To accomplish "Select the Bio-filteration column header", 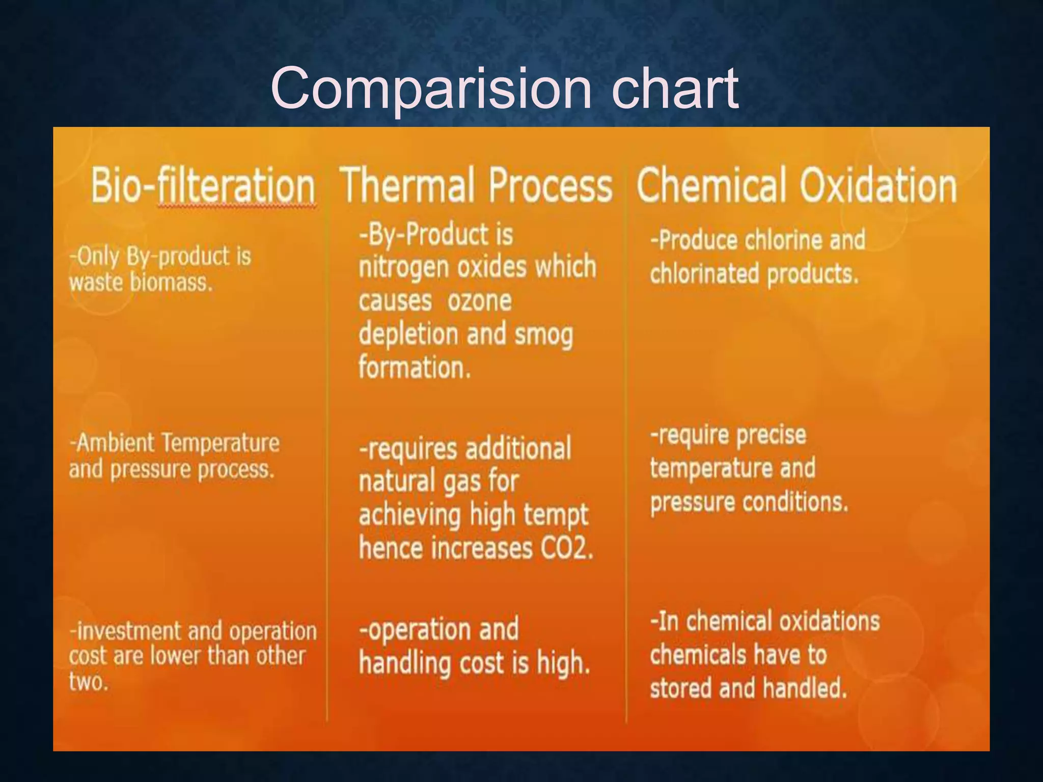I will [203, 185].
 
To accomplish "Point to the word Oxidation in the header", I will [878, 185].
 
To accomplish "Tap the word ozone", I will [479, 300].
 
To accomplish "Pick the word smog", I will [544, 335].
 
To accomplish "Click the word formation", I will [414, 367].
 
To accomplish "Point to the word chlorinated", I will [704, 274].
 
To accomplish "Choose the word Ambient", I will [115, 442].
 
